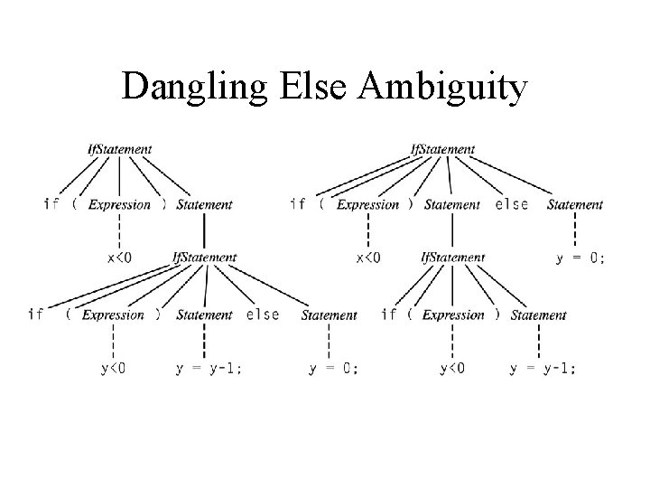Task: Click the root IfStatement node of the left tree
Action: pyautogui.click(x=119, y=149)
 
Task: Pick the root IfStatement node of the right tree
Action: pyautogui.click(x=442, y=149)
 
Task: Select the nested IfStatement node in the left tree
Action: pyautogui.click(x=204, y=258)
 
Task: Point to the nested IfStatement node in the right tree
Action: pyautogui.click(x=453, y=258)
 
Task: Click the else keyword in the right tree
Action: pyautogui.click(x=512, y=204)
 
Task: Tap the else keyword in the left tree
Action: pyautogui.click(x=262, y=314)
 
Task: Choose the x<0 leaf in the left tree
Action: pyautogui.click(x=119, y=258)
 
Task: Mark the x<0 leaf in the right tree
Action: pyautogui.click(x=368, y=258)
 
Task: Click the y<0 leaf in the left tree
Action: pyautogui.click(x=113, y=369)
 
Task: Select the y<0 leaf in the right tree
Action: pyautogui.click(x=452, y=369)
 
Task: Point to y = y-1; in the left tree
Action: pyautogui.click(x=208, y=369)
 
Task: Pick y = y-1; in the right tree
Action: pyautogui.click(x=543, y=369)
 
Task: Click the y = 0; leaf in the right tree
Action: pyautogui.click(x=580, y=258)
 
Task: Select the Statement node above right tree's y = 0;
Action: pyautogui.click(x=574, y=205)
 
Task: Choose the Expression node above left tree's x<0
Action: pyautogui.click(x=119, y=205)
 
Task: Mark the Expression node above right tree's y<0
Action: pyautogui.click(x=453, y=315)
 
